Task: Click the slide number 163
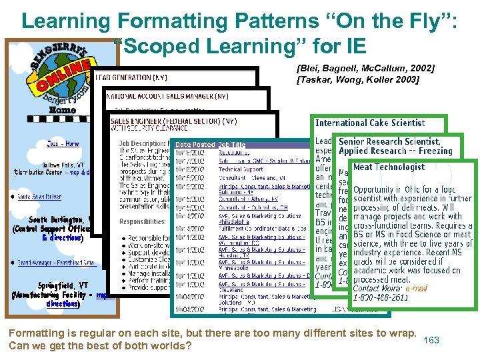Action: [431, 340]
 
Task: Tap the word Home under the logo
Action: [63, 110]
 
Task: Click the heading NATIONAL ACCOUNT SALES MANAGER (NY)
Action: [167, 97]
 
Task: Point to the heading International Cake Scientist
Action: [370, 123]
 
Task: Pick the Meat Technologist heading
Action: [389, 167]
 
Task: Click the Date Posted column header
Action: [195, 145]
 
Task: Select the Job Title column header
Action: [232, 145]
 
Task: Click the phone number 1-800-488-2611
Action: [381, 297]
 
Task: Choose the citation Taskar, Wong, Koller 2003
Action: [357, 80]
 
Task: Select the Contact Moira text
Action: [377, 288]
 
